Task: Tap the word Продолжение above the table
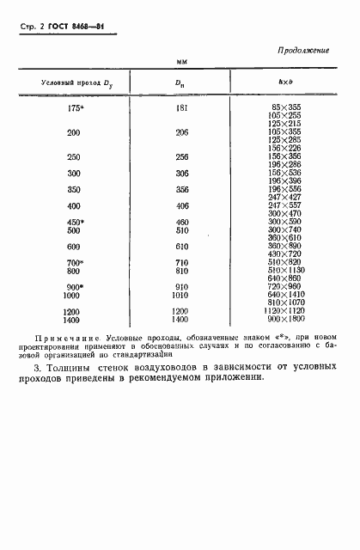(304, 51)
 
